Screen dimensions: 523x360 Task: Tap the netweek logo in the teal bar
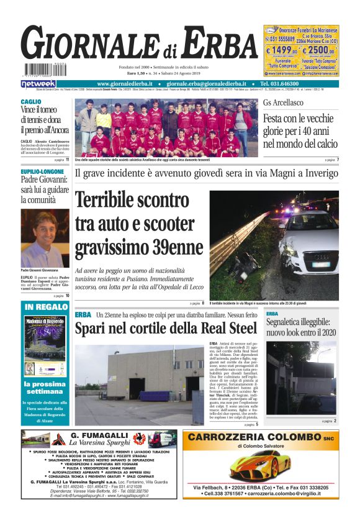(38, 83)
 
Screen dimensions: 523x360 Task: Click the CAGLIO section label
(30, 101)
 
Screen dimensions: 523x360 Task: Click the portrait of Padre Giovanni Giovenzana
(43, 238)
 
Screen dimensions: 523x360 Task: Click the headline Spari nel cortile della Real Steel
(165, 329)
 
